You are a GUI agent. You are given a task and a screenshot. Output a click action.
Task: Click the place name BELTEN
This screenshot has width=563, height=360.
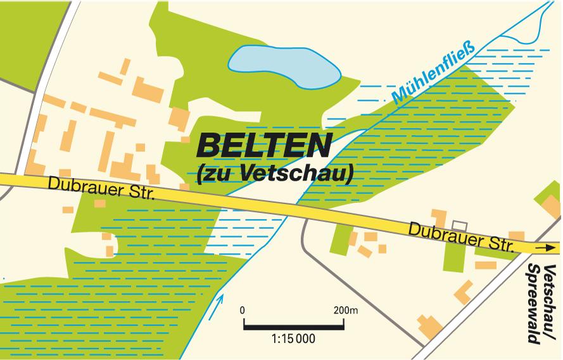[264, 145]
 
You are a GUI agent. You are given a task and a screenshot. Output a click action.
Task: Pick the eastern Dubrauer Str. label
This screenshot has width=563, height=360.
[462, 236]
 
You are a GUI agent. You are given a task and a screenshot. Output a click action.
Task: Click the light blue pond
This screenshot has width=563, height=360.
[282, 66]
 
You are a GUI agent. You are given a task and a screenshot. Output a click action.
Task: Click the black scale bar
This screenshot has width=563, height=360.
[293, 326]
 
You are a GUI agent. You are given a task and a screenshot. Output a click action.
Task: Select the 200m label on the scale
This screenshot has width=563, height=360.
[346, 311]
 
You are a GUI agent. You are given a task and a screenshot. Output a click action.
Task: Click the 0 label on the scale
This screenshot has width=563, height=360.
[243, 311]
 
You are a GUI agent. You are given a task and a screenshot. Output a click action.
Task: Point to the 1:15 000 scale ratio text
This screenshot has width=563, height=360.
[293, 339]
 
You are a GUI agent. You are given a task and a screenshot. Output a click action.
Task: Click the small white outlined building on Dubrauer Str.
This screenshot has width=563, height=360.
[458, 226]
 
